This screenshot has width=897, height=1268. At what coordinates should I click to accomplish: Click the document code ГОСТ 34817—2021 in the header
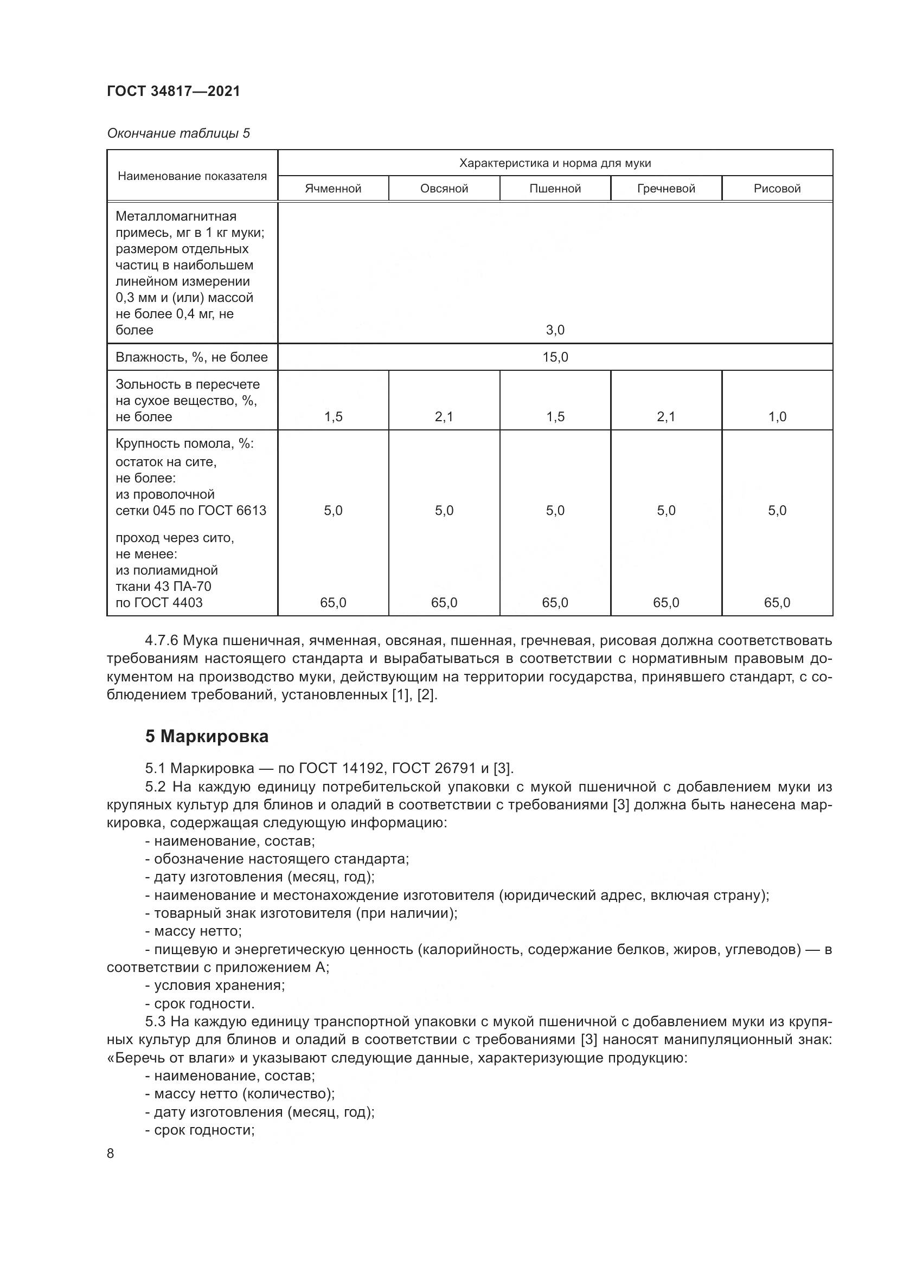(174, 91)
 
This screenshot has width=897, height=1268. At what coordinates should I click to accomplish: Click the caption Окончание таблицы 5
(178, 133)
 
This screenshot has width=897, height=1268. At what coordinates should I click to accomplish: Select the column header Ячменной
(333, 188)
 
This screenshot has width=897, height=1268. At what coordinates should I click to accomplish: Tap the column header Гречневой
(665, 188)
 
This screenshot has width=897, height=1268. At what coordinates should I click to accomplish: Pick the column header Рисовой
(777, 188)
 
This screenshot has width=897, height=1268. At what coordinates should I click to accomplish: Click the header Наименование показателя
(191, 176)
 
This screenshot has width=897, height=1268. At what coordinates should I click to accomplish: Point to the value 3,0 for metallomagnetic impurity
(555, 330)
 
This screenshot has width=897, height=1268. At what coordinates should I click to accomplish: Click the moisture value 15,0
(555, 357)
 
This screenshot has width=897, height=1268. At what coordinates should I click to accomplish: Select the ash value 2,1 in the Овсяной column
(444, 416)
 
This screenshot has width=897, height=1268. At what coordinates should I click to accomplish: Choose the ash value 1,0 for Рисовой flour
(777, 416)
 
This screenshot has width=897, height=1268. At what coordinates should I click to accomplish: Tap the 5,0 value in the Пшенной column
(555, 510)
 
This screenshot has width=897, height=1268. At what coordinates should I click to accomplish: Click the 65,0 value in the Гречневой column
(665, 602)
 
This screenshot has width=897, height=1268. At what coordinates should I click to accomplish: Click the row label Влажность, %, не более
(191, 357)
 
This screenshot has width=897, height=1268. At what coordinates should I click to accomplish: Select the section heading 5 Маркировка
(207, 736)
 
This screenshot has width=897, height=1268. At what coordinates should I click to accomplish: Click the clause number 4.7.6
(161, 641)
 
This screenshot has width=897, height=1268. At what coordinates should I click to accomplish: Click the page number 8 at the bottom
(111, 1154)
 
